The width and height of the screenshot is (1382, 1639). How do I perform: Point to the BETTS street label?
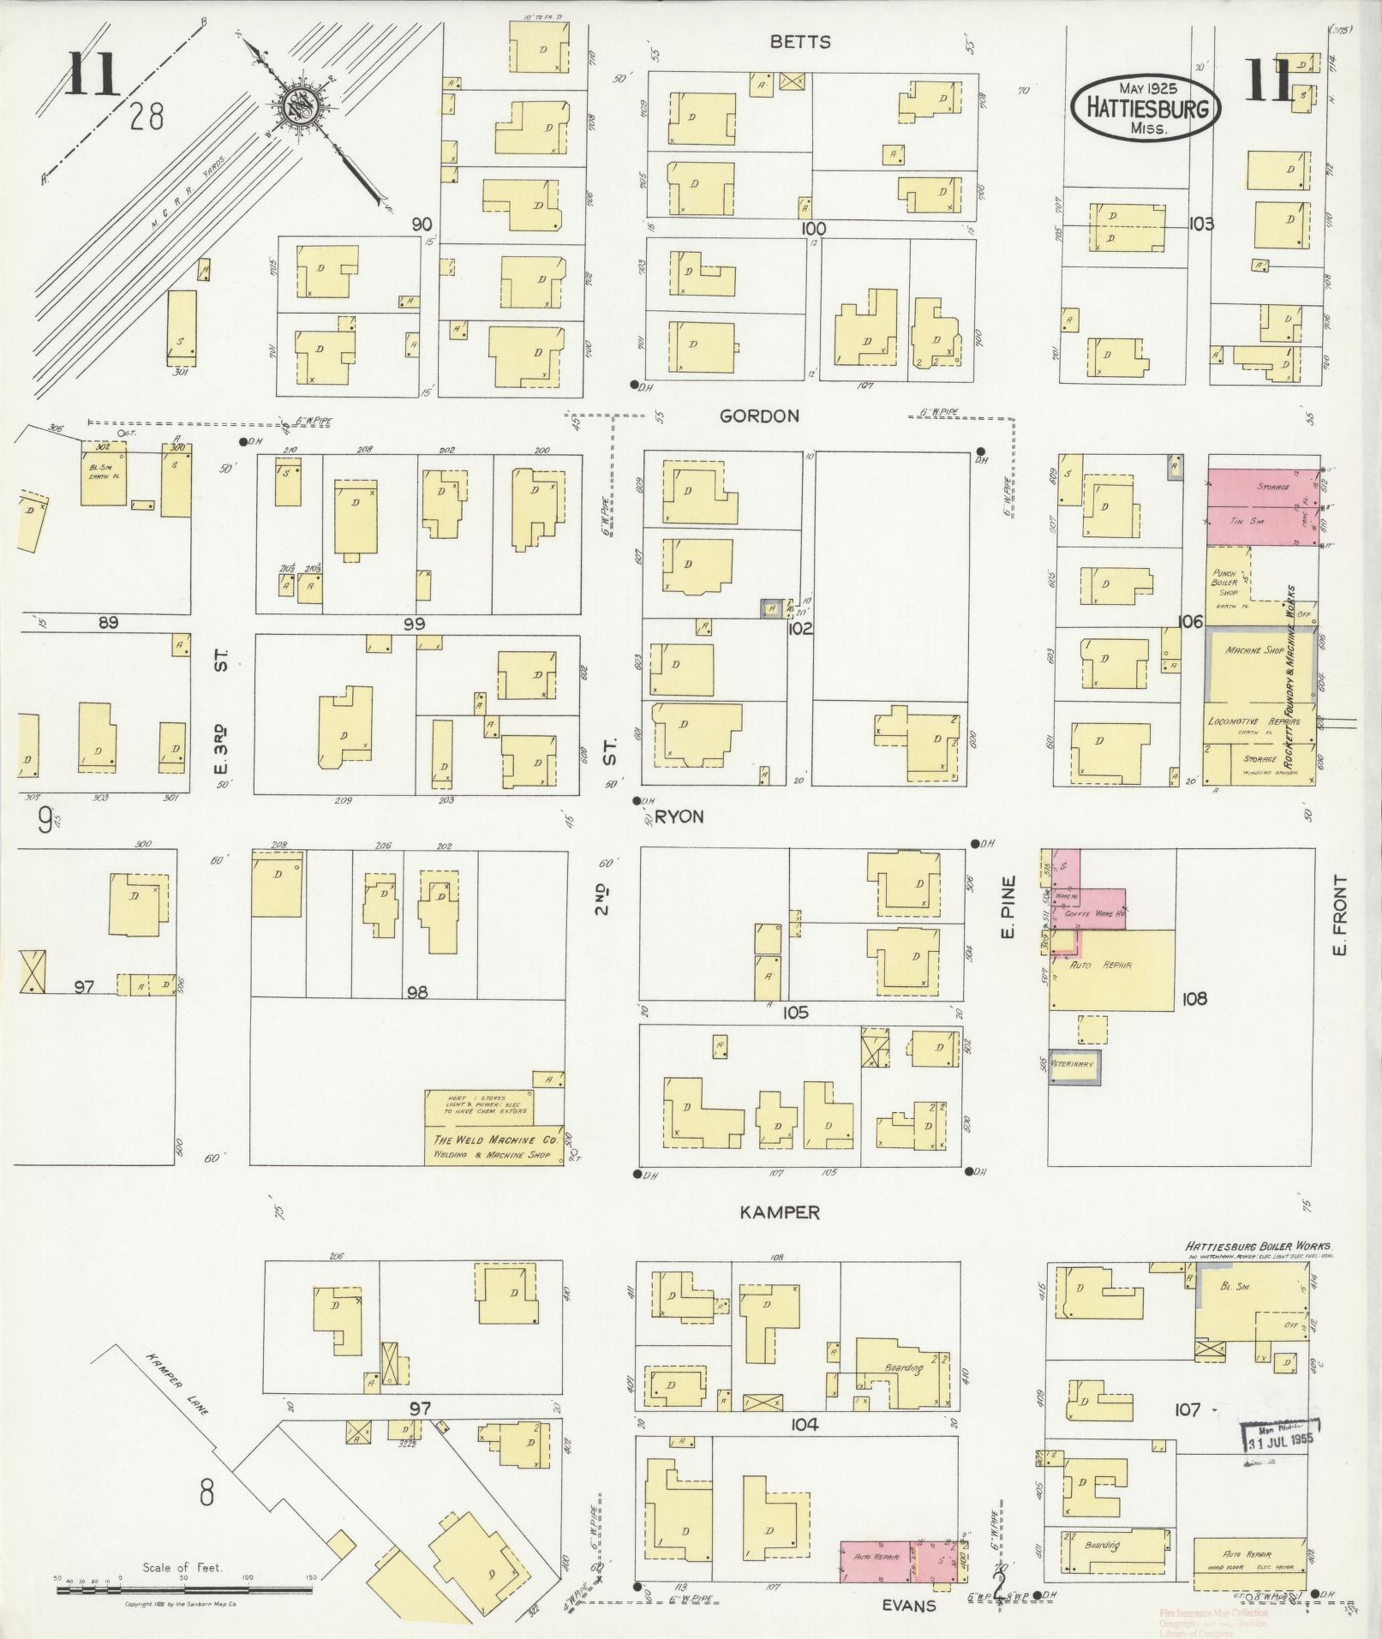pyautogui.click(x=799, y=42)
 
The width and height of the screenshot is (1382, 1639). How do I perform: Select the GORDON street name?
pyautogui.click(x=759, y=416)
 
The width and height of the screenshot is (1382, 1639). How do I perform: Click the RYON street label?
pyautogui.click(x=680, y=817)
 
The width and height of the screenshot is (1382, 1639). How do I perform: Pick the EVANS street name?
pyautogui.click(x=909, y=1605)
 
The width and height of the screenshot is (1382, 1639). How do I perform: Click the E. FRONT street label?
pyautogui.click(x=1340, y=915)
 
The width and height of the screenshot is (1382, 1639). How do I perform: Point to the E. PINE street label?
pyautogui.click(x=1008, y=906)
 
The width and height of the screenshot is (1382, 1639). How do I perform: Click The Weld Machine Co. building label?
pyautogui.click(x=495, y=1146)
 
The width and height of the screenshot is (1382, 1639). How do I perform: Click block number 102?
pyautogui.click(x=801, y=628)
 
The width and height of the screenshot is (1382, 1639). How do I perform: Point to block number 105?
pyautogui.click(x=795, y=1014)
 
